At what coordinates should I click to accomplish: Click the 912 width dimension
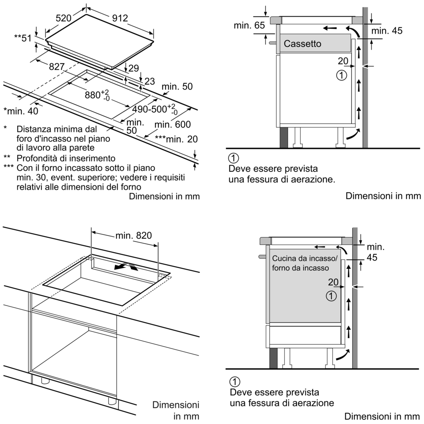120,18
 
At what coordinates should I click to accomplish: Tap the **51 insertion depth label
23,38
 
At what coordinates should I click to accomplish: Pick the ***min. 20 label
176,139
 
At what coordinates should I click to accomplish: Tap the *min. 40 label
20,110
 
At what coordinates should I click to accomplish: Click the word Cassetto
302,44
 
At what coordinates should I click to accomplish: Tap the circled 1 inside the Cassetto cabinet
341,76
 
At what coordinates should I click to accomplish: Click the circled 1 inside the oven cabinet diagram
331,296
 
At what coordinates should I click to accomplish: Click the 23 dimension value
149,81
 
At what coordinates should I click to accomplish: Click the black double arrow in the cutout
125,266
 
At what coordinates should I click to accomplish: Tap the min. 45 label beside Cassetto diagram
386,31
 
